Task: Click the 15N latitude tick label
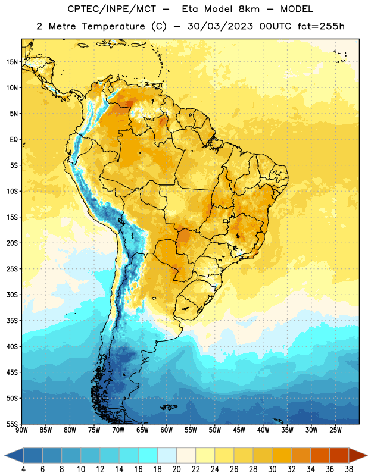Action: (12, 62)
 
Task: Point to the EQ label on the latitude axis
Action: (14, 140)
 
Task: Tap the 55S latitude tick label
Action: (12, 424)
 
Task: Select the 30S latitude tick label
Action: (12, 295)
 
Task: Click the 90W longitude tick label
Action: (21, 430)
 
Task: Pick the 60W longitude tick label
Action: (167, 430)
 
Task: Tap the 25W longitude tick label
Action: (336, 430)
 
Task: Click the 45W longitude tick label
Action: (239, 430)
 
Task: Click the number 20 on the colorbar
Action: (176, 469)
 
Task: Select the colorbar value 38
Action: (349, 469)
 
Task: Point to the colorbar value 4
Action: (23, 469)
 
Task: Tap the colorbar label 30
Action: (272, 469)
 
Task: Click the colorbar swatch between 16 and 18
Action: (148, 455)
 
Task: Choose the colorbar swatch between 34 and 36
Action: (320, 455)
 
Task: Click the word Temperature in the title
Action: (113, 26)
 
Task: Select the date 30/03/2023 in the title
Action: (220, 26)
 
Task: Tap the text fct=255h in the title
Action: (322, 26)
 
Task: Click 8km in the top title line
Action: (249, 9)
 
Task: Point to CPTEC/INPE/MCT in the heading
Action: (111, 9)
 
